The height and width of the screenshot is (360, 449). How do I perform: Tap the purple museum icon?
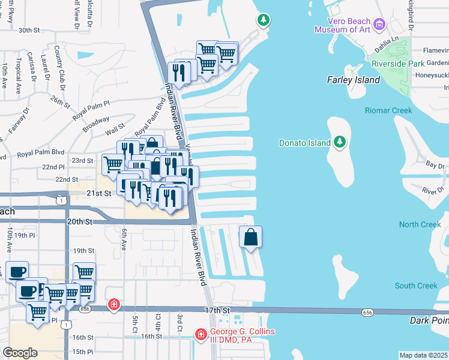click(379, 24)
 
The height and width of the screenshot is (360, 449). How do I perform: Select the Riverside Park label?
click(399, 63)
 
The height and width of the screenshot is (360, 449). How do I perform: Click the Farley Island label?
click(353, 80)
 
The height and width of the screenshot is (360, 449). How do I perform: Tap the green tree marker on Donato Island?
click(340, 142)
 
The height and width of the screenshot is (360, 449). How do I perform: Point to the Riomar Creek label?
click(388, 110)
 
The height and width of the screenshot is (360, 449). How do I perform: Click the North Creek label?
click(420, 224)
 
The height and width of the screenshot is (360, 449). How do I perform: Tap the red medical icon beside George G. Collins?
click(200, 334)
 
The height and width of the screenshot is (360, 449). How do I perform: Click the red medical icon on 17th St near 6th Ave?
click(113, 305)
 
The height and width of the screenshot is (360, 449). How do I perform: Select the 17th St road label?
click(217, 310)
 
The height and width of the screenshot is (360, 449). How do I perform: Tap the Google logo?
click(20, 352)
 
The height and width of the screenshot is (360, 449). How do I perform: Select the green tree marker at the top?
click(263, 20)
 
